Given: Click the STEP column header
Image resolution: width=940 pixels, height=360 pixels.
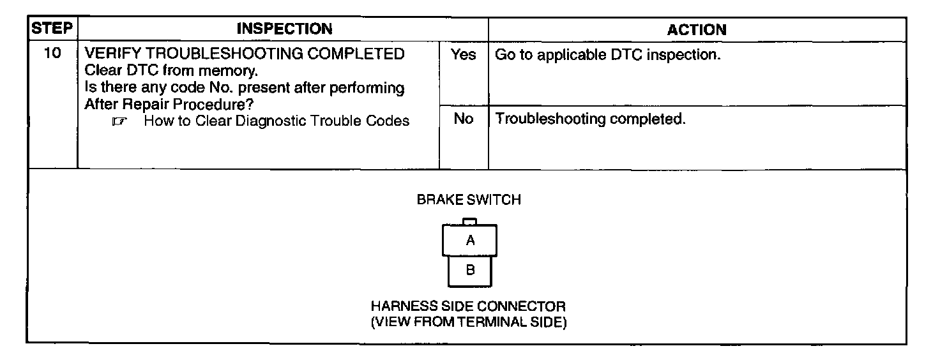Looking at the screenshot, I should pyautogui.click(x=52, y=29).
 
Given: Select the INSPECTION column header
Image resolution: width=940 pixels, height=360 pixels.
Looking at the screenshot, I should pyautogui.click(x=284, y=29).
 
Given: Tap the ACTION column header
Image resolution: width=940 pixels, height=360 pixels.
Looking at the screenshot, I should pyautogui.click(x=697, y=29).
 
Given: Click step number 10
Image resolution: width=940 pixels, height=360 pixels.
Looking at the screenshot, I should pyautogui.click(x=53, y=54).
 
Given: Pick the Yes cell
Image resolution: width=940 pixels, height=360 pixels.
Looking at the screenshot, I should pyautogui.click(x=463, y=55).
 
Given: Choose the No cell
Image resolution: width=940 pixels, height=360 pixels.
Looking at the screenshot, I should pyautogui.click(x=463, y=119).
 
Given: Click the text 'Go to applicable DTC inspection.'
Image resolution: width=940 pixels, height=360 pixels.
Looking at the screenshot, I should pyautogui.click(x=608, y=55).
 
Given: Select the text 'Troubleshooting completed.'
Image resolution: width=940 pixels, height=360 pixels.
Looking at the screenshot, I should pyautogui.click(x=591, y=119).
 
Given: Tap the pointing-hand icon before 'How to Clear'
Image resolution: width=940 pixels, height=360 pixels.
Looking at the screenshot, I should pyautogui.click(x=116, y=121).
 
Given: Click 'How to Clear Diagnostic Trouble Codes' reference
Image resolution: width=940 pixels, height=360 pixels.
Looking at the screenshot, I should pyautogui.click(x=277, y=121).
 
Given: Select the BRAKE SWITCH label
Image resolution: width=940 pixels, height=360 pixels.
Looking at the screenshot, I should pyautogui.click(x=469, y=200).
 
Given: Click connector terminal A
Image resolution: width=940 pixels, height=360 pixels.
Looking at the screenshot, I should pyautogui.click(x=470, y=241).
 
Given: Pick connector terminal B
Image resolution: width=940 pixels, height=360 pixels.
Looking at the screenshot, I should pyautogui.click(x=470, y=270).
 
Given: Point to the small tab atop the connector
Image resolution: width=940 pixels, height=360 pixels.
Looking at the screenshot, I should pyautogui.click(x=469, y=221).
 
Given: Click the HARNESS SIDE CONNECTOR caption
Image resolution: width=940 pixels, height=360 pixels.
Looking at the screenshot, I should pyautogui.click(x=468, y=306).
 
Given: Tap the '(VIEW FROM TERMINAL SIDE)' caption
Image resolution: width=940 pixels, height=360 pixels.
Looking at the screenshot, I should pyautogui.click(x=468, y=322).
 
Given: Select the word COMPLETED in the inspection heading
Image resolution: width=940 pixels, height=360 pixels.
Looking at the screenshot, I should pyautogui.click(x=356, y=54).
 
